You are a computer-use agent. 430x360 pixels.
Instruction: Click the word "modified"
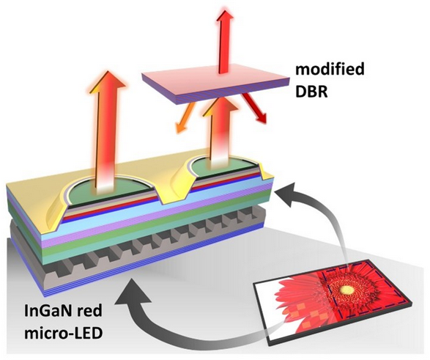(330, 70)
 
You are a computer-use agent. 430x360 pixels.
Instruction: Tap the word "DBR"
(311, 92)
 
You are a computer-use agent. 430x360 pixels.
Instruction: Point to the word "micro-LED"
(63, 334)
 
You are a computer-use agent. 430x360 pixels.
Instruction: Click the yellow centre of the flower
(347, 289)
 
